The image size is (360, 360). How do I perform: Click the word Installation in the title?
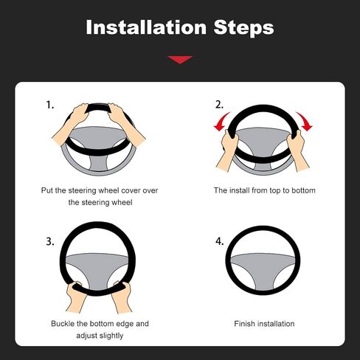(146, 27)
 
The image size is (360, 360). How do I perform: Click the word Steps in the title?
(243, 28)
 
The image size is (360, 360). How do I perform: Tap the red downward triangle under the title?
(180, 60)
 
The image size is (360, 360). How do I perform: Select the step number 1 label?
(50, 105)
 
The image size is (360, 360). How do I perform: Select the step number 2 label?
(219, 105)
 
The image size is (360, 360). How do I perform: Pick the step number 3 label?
(50, 241)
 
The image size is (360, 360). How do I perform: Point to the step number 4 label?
(220, 241)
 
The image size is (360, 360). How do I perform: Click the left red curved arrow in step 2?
(221, 122)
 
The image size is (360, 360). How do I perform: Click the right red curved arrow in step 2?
(305, 121)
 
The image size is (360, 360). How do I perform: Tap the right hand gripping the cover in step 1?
(125, 123)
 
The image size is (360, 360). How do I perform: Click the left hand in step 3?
(75, 297)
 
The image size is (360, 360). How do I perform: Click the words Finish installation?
(264, 324)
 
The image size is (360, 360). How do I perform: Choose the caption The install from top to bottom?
(265, 190)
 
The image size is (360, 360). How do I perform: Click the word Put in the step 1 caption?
(46, 190)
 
